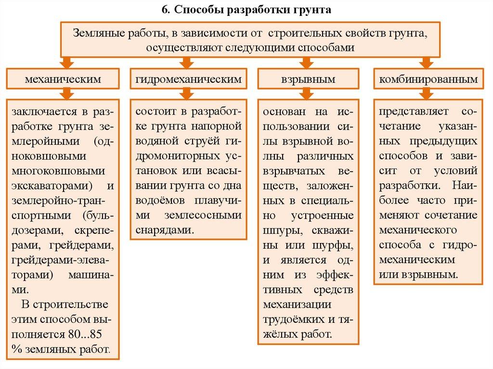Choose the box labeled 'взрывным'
[x=308, y=79]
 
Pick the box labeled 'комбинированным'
[x=428, y=79]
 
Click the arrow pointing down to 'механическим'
[x=67, y=62]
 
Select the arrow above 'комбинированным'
[x=425, y=62]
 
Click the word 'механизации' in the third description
[x=297, y=305]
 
